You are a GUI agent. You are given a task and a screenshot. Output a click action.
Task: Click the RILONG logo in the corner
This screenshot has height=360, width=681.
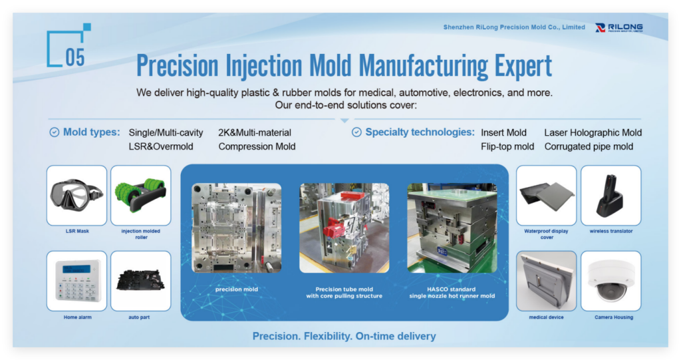pyautogui.click(x=619, y=28)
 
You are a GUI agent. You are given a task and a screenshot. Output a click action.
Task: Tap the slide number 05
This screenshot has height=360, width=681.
pyautogui.click(x=74, y=57)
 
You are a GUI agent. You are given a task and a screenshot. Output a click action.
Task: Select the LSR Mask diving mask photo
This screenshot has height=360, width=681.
pyautogui.click(x=76, y=195)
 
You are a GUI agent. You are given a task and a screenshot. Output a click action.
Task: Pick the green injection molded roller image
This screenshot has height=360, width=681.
pyautogui.click(x=141, y=195)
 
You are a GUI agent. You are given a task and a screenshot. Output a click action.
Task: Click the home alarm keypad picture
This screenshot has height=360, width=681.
pyautogui.click(x=76, y=281)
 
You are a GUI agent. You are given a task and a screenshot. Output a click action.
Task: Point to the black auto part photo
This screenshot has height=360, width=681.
pyautogui.click(x=141, y=281)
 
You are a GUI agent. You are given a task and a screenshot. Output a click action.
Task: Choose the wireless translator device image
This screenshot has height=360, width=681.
pyautogui.click(x=611, y=195)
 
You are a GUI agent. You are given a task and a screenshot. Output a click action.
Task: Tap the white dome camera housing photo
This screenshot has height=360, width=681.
pyautogui.click(x=611, y=281)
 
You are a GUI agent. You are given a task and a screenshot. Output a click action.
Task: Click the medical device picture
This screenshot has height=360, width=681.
pyautogui.click(x=547, y=281)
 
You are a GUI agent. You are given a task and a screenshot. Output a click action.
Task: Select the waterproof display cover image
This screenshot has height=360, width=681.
pyautogui.click(x=547, y=195)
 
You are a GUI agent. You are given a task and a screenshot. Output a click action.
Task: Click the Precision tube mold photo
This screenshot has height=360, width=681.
pyautogui.click(x=344, y=228)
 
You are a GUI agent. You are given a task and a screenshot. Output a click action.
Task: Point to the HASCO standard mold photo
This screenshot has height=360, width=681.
pyautogui.click(x=452, y=228)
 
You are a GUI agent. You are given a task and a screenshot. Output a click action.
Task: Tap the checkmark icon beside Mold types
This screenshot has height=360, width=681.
pyautogui.click(x=55, y=132)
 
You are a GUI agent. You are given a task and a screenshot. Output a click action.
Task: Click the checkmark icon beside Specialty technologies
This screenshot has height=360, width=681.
pyautogui.click(x=356, y=132)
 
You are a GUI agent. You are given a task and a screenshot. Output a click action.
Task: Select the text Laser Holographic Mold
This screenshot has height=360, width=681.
pyautogui.click(x=593, y=132)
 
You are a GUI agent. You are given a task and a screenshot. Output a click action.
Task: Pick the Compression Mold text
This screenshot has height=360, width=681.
pyautogui.click(x=257, y=146)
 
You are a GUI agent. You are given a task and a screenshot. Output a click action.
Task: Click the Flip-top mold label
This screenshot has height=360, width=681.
pyautogui.click(x=507, y=146)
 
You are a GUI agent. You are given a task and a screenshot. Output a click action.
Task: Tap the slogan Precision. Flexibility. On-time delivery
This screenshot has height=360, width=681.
pyautogui.click(x=344, y=336)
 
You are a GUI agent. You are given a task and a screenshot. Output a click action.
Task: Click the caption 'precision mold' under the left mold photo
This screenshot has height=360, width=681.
pyautogui.click(x=236, y=289)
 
